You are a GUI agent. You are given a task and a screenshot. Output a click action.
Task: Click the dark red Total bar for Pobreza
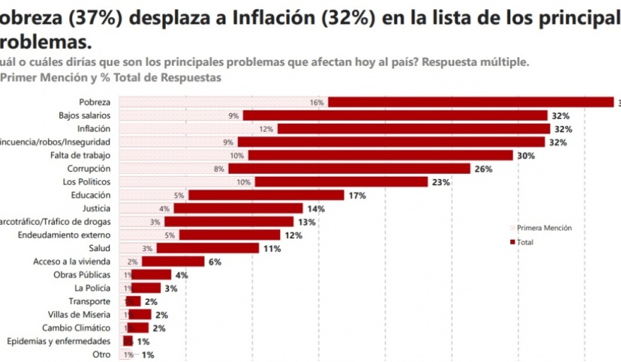tap(471, 102)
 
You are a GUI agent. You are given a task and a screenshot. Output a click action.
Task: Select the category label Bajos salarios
tap(84, 115)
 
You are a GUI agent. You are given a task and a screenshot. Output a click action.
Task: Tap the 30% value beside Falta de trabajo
tap(526, 156)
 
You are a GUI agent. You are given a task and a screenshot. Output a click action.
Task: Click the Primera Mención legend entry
tap(544, 228)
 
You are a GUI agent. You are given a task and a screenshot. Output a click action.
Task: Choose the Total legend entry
tap(525, 243)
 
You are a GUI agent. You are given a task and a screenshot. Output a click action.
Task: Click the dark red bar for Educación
tap(266, 195)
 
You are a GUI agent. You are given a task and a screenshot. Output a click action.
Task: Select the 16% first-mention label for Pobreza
tap(316, 103)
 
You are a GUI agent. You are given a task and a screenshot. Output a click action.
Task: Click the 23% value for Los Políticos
tap(440, 182)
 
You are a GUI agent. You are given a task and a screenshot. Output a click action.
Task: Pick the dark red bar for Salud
tap(207, 248)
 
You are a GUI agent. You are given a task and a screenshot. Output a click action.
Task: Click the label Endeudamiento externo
tap(64, 235)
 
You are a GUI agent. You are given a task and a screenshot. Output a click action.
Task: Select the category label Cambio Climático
tap(76, 328)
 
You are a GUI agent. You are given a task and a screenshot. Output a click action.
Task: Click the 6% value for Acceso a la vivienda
tap(215, 262)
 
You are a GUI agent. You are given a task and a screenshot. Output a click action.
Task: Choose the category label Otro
tap(102, 355)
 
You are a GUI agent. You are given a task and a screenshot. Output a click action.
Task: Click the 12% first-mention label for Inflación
tap(266, 129)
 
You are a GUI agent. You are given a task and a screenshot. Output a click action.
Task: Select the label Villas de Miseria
tap(79, 315)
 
